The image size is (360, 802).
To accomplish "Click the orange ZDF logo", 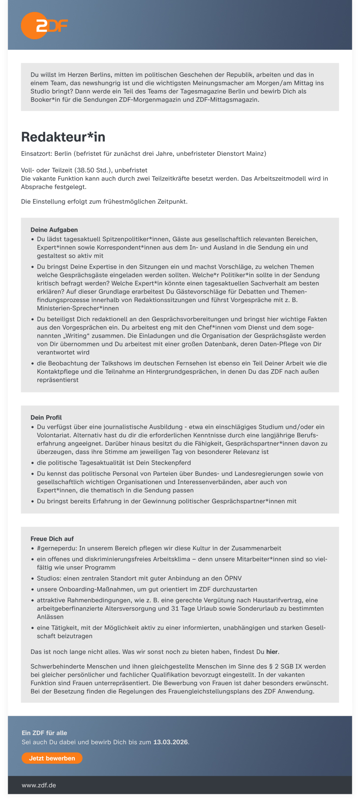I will [44, 25].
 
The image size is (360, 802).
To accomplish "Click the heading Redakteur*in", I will [63, 137].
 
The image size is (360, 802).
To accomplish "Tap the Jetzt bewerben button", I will [52, 758].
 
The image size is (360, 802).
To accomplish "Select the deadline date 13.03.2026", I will [171, 742].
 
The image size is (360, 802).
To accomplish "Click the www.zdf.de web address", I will [39, 785].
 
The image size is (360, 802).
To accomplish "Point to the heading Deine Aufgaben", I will [54, 230].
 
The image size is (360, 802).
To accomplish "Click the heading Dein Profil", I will [46, 418].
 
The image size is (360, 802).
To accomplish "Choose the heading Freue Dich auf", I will [52, 539].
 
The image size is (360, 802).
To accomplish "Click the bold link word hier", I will [272, 652].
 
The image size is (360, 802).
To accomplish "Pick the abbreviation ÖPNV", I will [233, 578].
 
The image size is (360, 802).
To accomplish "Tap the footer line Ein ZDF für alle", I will [44, 733].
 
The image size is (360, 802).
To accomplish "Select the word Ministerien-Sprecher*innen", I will [78, 308].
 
